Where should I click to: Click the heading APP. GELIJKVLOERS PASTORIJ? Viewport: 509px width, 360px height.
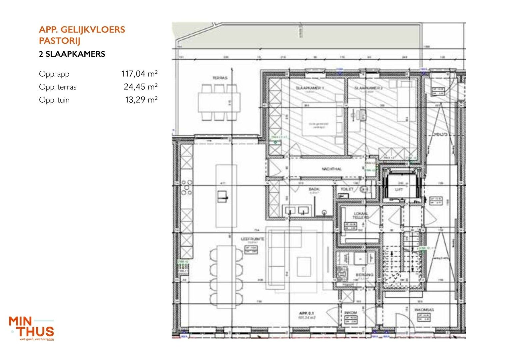point(82,35)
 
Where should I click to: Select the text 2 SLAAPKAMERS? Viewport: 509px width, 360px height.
point(72,54)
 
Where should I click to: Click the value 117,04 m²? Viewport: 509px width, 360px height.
point(139,74)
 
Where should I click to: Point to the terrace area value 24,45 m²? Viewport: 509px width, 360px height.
point(140,87)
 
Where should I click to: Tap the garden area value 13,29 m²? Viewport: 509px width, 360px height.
point(141,100)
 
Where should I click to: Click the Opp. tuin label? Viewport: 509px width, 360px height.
point(54,100)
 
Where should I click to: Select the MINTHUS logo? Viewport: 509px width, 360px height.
point(32,328)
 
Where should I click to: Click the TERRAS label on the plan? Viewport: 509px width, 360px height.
point(220,78)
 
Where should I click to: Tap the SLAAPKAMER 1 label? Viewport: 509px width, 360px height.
point(310,88)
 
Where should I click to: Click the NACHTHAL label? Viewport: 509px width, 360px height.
point(331,169)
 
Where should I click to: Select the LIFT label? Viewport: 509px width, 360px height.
point(399,189)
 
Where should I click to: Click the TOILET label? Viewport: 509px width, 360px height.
point(347,189)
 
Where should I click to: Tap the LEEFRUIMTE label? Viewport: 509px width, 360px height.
point(253,239)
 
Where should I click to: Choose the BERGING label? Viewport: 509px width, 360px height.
point(364,275)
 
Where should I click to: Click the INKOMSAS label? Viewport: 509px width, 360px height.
point(424,310)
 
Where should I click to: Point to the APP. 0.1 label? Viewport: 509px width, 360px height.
point(306,313)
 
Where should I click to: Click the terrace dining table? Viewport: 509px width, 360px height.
point(220,102)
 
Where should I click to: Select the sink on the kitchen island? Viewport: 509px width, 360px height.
point(222,197)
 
